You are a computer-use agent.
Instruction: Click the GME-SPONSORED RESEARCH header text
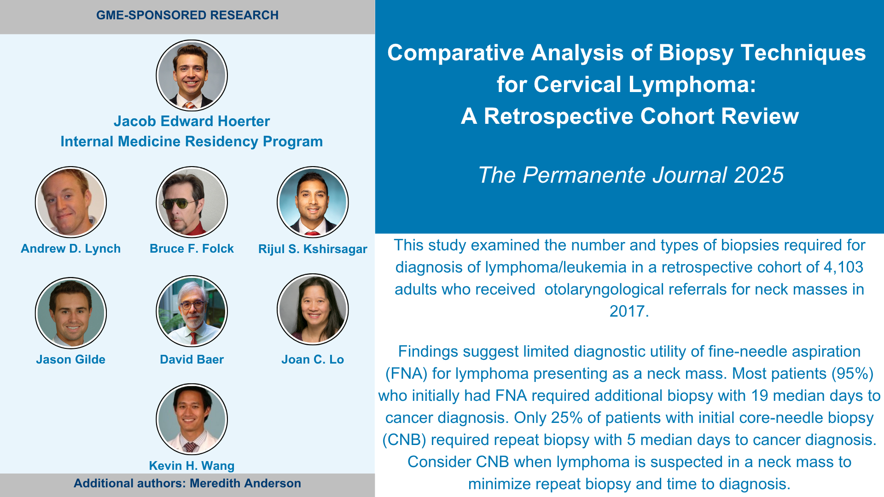(187, 15)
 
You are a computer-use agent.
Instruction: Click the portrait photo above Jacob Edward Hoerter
(192, 75)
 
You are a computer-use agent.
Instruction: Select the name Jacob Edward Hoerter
(192, 121)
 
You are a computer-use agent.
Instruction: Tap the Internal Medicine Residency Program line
(192, 142)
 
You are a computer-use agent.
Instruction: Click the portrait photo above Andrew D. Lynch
(71, 202)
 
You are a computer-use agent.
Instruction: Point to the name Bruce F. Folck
(192, 248)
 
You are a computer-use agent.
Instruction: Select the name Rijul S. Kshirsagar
(313, 249)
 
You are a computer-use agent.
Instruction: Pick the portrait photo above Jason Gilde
(71, 313)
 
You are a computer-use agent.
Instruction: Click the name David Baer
(192, 359)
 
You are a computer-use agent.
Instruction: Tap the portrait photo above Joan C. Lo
(313, 309)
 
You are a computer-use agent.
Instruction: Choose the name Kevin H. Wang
(192, 466)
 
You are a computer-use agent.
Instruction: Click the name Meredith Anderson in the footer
(245, 483)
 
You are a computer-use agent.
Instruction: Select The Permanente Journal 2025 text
(631, 175)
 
